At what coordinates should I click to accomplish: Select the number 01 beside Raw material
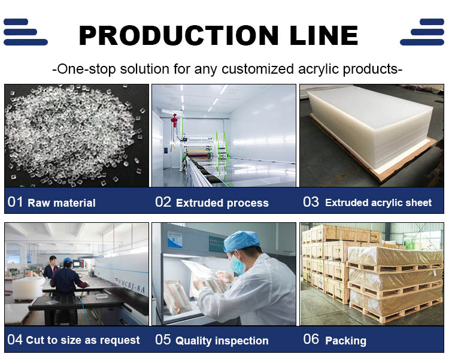point(15,202)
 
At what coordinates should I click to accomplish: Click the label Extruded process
point(222,203)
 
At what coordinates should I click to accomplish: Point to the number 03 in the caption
point(311,202)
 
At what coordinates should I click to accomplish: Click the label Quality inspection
point(222,341)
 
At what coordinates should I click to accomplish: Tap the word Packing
point(345,341)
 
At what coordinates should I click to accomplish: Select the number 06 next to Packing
point(311,339)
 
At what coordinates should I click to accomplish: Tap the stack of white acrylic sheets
point(371,135)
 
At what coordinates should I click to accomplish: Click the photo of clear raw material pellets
point(76,135)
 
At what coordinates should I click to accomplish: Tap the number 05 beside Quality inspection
point(163,340)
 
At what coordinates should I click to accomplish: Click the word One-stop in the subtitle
point(83,68)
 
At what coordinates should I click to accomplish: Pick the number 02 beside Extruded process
point(163,202)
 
